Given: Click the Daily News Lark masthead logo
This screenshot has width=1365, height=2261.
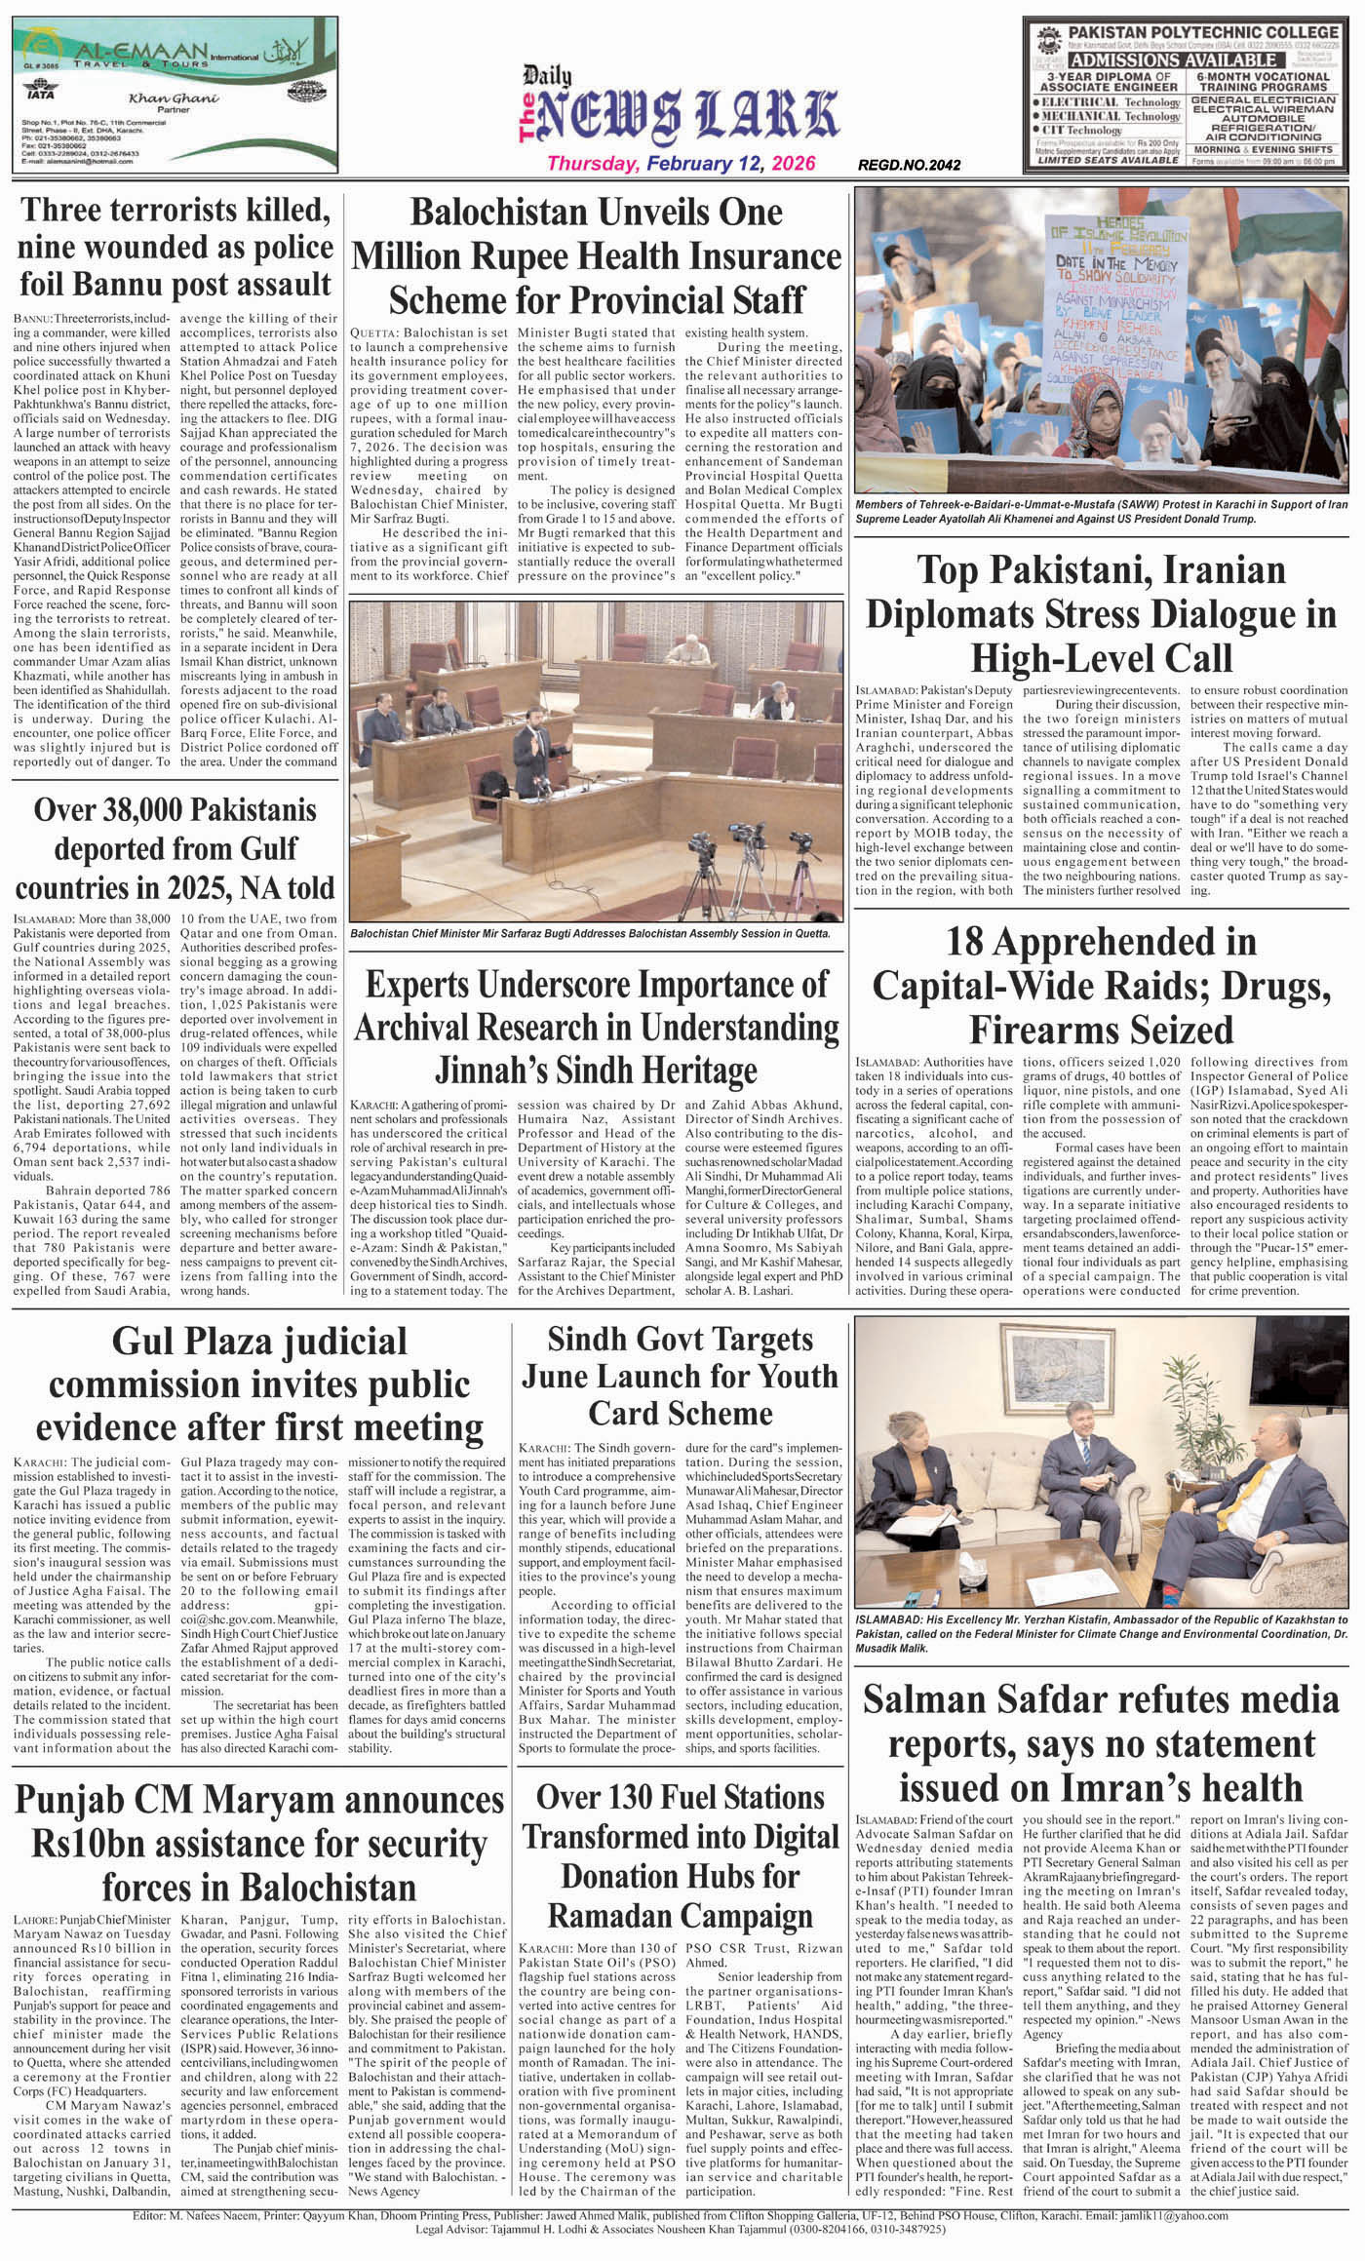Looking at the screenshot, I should (x=681, y=106).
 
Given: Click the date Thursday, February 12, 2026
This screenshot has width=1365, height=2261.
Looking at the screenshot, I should (x=681, y=164).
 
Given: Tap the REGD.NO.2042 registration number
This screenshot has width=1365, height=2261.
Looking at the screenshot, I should (x=909, y=166).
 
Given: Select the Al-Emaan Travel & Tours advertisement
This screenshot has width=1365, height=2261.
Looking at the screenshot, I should (x=175, y=95).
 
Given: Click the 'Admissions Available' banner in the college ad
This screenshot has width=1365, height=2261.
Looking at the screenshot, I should (x=1183, y=60).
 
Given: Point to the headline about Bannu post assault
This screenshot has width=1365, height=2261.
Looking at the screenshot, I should (x=176, y=248).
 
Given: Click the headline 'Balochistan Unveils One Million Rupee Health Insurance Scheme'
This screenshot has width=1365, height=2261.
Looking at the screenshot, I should (x=596, y=254).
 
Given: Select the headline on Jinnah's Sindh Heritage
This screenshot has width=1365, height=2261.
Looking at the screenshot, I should (x=596, y=1027).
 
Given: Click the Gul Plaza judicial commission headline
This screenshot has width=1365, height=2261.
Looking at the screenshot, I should (x=259, y=1384).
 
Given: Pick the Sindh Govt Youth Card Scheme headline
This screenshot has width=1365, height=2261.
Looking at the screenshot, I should (x=679, y=1376).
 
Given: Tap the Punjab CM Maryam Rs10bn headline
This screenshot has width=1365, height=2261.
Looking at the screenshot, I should (x=259, y=1843).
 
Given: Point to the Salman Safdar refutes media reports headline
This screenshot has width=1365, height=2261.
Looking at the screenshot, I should (x=1102, y=1743).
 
